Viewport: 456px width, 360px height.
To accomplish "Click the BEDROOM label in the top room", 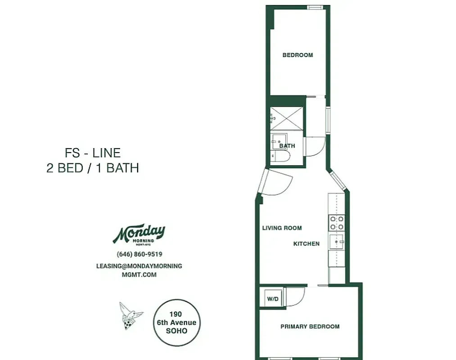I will click(x=298, y=55).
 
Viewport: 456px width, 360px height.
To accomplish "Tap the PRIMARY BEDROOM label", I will click(x=310, y=327).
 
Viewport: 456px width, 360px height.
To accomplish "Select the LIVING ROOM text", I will click(x=282, y=228).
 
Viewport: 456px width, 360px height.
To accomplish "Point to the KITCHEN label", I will click(x=307, y=244).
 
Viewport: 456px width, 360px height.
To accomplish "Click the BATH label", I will click(x=287, y=146).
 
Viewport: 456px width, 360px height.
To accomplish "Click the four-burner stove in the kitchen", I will click(x=336, y=223).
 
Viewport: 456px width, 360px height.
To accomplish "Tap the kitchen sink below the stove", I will click(x=336, y=242).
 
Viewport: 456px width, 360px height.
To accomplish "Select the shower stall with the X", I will click(x=287, y=118).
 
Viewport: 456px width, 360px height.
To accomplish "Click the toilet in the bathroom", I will click(x=281, y=157).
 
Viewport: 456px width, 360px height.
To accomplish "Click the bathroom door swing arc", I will click(x=315, y=147).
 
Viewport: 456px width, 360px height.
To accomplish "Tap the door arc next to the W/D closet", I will click(x=295, y=296).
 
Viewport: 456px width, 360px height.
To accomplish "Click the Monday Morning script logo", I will click(x=139, y=233).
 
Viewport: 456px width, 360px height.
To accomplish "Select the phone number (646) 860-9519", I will click(x=139, y=254).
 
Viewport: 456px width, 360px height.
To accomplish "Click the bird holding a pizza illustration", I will click(x=130, y=315).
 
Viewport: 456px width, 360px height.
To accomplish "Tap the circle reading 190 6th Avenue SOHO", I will click(x=176, y=323).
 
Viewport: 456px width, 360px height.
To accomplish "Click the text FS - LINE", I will click(x=93, y=153).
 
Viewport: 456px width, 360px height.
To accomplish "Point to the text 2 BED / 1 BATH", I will click(x=93, y=168).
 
